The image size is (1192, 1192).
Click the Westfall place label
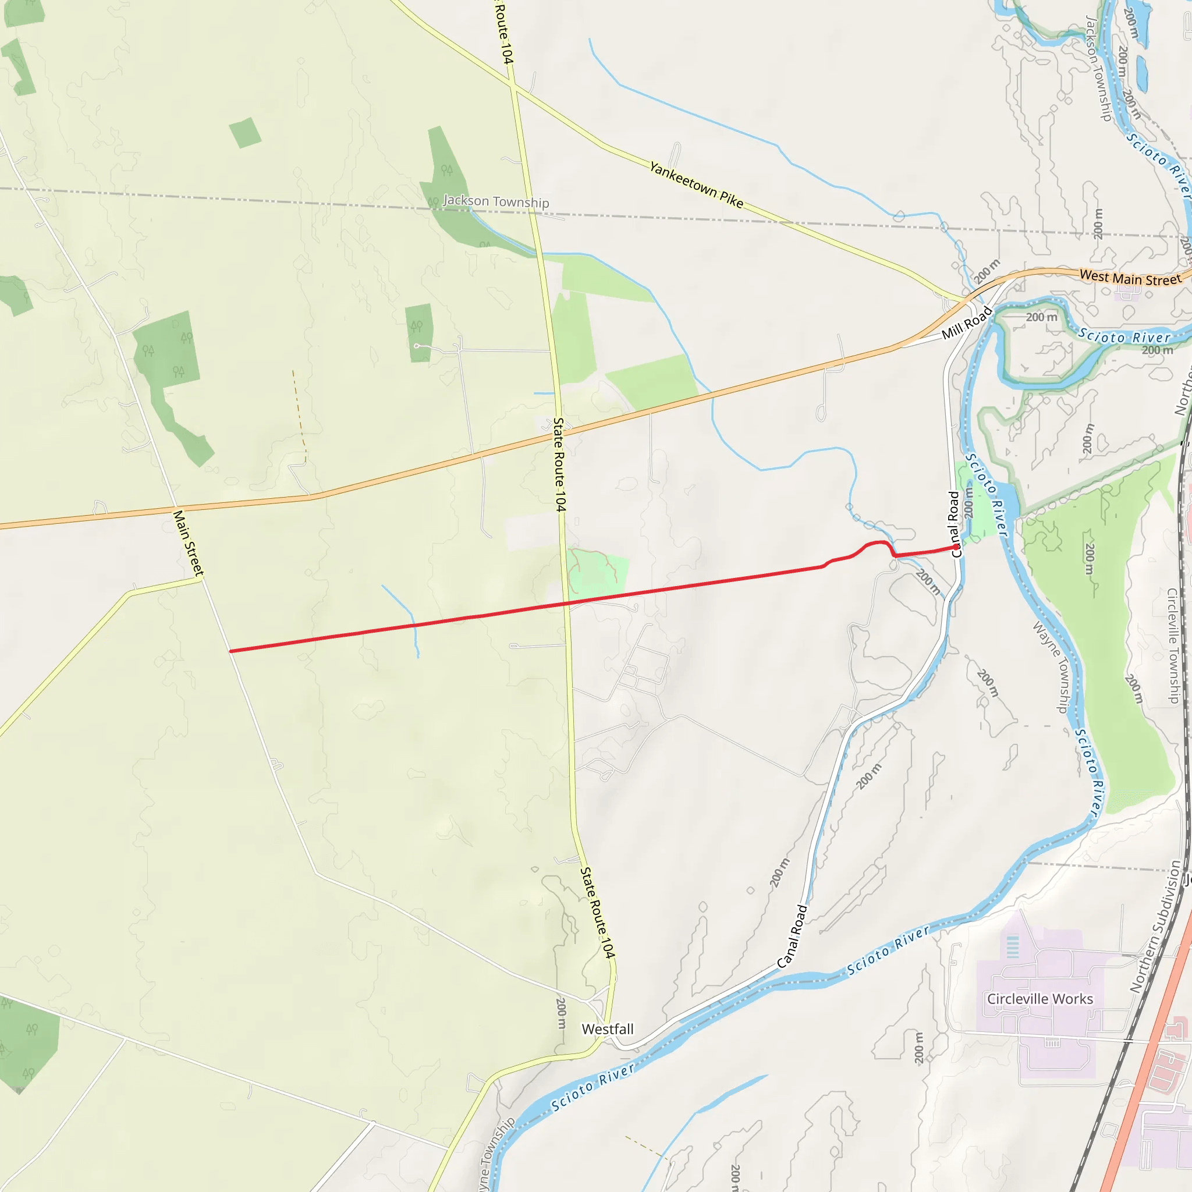point(608,1029)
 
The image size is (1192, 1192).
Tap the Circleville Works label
point(1040,999)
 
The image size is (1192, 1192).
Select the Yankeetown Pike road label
point(696,185)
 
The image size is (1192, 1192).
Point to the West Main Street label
point(1130,279)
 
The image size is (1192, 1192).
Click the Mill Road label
point(966,322)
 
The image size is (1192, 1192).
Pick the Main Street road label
point(187,543)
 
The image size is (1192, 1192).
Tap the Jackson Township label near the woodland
point(495,201)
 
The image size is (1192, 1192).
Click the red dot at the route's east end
point(956,547)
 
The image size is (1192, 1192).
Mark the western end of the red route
point(230,651)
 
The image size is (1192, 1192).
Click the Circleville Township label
point(1173,645)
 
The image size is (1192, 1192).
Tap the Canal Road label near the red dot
point(955,524)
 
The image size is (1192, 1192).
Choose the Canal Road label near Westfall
point(792,936)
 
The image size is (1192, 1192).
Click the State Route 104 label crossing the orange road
point(559,464)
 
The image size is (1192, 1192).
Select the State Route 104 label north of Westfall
point(597,913)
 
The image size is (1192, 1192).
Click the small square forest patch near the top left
point(245,133)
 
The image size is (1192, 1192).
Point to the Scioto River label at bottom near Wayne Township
point(593,1087)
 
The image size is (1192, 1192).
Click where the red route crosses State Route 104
point(566,603)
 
